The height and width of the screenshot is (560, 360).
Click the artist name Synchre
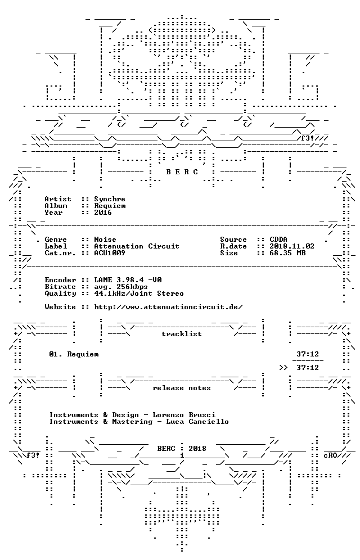click(x=110, y=199)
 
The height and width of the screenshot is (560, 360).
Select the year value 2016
click(x=103, y=213)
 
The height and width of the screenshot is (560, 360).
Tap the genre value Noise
click(x=105, y=240)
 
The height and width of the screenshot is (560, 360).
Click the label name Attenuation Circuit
click(x=137, y=246)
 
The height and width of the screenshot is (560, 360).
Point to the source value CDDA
click(x=278, y=240)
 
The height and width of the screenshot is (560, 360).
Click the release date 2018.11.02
click(x=292, y=246)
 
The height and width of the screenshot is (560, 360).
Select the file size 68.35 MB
click(x=287, y=253)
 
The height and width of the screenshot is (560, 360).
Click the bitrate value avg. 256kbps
click(x=121, y=287)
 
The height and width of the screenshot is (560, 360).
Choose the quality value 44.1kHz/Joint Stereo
click(x=139, y=293)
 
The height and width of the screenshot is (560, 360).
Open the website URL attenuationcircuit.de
click(x=168, y=307)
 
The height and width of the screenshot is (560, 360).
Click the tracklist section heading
click(x=182, y=334)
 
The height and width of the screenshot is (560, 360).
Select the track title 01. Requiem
click(x=74, y=354)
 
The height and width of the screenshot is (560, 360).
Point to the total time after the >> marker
click(x=308, y=368)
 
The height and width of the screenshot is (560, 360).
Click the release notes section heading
click(x=182, y=388)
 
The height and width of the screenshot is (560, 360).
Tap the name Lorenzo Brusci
click(x=184, y=415)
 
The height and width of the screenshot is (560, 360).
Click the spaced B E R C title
click(x=182, y=172)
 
